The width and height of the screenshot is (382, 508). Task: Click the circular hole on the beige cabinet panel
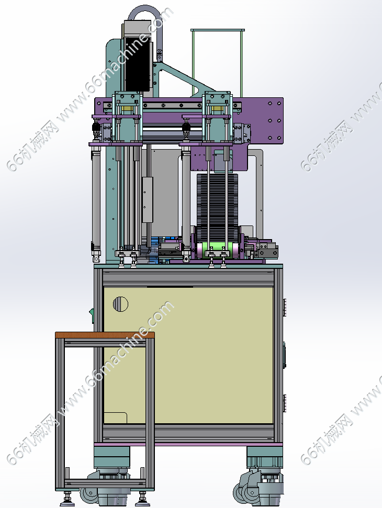pyautogui.click(x=120, y=304)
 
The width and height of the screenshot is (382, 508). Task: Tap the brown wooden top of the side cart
pyautogui.click(x=105, y=335)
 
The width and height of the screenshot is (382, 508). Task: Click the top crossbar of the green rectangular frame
pyautogui.click(x=217, y=30)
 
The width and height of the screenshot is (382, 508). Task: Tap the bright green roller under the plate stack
pyautogui.click(x=218, y=250)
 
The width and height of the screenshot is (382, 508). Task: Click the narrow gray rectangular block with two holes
pyautogui.click(x=148, y=199)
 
